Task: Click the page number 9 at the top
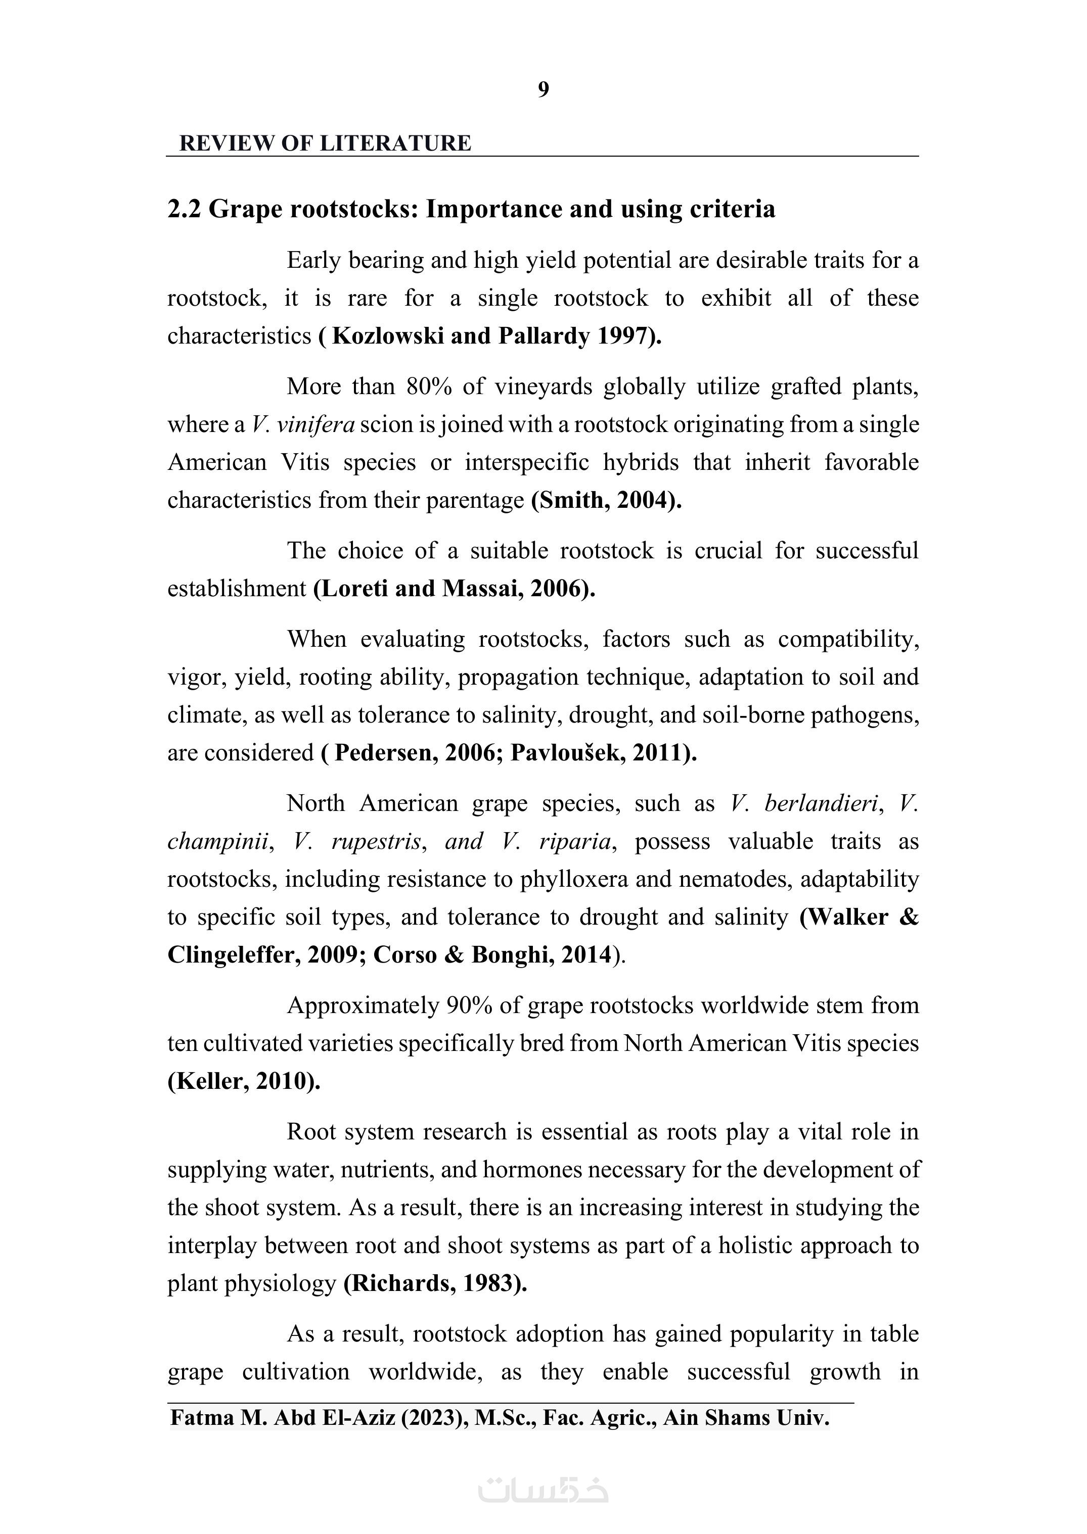(x=543, y=89)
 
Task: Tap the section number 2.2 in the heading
(x=184, y=209)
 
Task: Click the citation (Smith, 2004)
(x=606, y=500)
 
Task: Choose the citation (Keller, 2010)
(x=244, y=1081)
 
